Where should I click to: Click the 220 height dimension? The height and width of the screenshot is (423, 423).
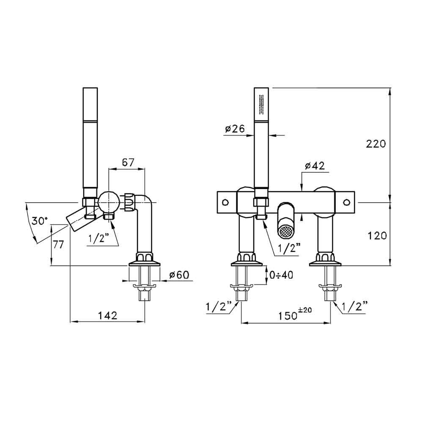376,144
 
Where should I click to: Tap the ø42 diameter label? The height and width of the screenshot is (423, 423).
314,166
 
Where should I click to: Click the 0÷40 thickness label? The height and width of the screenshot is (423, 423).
281,275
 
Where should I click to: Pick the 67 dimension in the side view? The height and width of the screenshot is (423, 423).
127,162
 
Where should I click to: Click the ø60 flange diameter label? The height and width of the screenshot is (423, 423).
178,275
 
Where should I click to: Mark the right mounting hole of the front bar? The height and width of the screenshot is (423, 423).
348,201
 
